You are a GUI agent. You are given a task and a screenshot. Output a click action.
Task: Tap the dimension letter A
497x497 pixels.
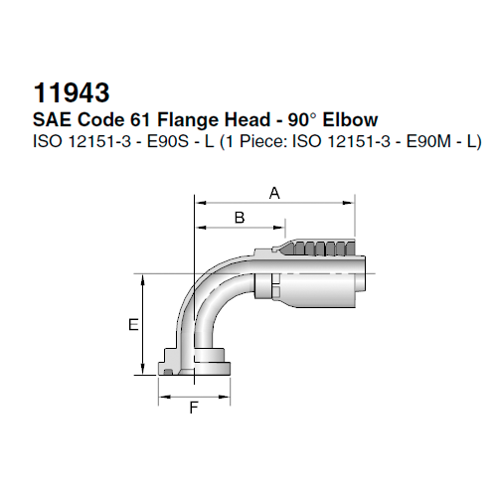click(x=273, y=194)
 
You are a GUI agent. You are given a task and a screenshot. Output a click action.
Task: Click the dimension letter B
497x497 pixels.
click(x=239, y=217)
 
